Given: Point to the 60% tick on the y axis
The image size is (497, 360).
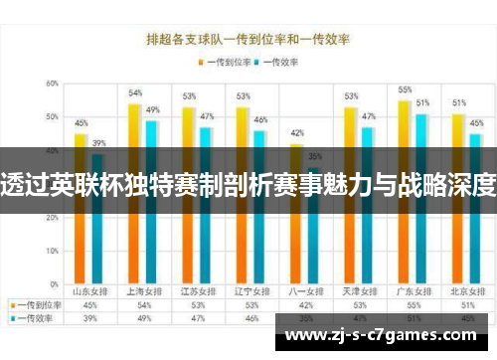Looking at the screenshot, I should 51,84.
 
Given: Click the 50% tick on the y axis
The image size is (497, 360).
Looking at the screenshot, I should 51,117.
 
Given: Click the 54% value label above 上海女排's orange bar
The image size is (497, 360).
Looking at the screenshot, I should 135,92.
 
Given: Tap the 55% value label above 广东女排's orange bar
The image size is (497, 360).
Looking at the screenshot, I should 405,90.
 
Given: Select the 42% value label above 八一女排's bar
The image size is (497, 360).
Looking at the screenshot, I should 296,132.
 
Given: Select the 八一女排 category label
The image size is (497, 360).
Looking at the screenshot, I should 304,292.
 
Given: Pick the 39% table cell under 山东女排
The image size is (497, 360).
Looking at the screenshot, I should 89,318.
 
